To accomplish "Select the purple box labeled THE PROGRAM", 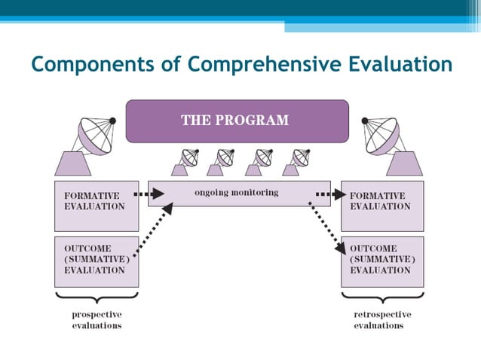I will [237, 121].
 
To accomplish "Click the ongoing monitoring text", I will [236, 193].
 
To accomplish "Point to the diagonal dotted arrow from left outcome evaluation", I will [154, 229].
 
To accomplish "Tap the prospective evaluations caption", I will [97, 319].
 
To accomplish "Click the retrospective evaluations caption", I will [382, 319].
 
